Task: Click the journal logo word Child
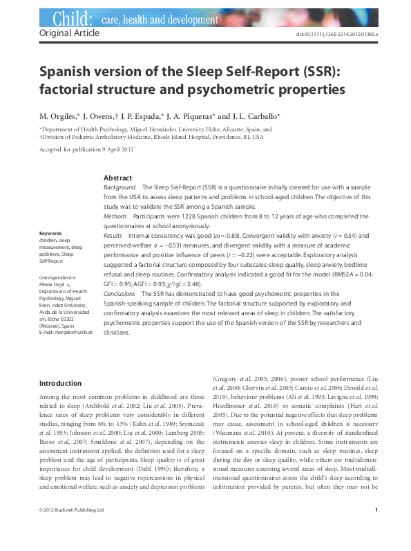tap(69, 18)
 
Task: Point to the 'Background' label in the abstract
tap(119, 187)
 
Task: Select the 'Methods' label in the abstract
tap(115, 216)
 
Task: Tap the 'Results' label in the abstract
tap(113, 236)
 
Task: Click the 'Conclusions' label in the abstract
tap(119, 293)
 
